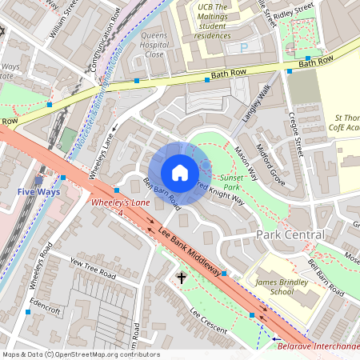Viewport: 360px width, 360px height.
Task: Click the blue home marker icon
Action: click(x=180, y=173)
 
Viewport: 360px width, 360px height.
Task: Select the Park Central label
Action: click(x=290, y=234)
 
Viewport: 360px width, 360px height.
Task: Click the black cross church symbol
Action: click(x=182, y=278)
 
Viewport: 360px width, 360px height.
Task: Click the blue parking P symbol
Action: click(x=243, y=48)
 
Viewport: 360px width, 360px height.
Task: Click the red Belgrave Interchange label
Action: click(x=317, y=346)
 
